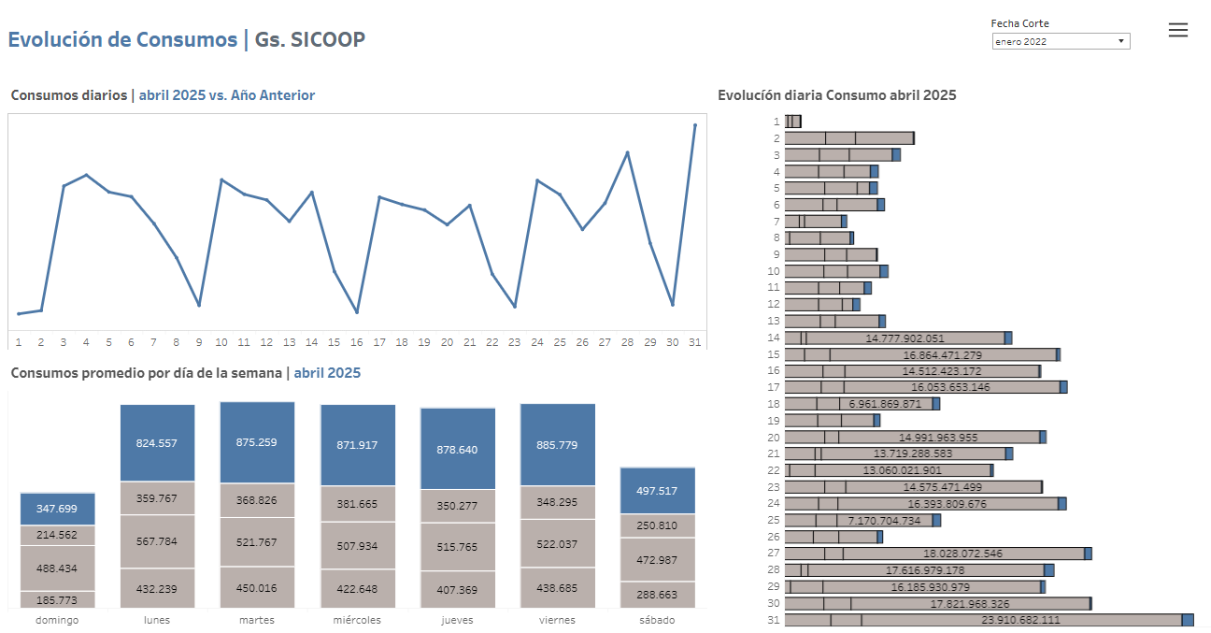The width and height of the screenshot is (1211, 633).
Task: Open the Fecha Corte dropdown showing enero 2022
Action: pyautogui.click(x=1061, y=41)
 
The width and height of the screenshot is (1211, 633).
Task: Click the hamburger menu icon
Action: pyautogui.click(x=1178, y=30)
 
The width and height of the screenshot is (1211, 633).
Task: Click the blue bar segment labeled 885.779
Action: pyautogui.click(x=557, y=445)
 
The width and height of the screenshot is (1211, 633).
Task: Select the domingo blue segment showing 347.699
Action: pyautogui.click(x=58, y=509)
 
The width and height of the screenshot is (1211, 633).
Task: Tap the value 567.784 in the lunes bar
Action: pyautogui.click(x=157, y=541)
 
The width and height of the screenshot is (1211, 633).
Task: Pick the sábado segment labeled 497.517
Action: pyautogui.click(x=657, y=491)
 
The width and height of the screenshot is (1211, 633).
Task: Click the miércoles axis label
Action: pyautogui.click(x=357, y=620)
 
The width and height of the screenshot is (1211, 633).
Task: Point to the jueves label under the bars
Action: pyautogui.click(x=457, y=620)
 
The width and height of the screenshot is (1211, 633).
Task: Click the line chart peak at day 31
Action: pyautogui.click(x=694, y=124)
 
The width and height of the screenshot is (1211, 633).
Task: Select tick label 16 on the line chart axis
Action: pyautogui.click(x=357, y=342)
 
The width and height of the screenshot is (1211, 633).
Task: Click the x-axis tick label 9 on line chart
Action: pyautogui.click(x=199, y=342)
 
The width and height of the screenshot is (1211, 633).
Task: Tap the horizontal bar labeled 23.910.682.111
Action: pyautogui.click(x=982, y=620)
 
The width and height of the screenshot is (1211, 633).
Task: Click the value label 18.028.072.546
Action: pyautogui.click(x=962, y=554)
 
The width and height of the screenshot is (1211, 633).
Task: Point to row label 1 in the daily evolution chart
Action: pyautogui.click(x=776, y=122)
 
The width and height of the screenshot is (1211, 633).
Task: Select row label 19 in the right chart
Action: pyautogui.click(x=774, y=421)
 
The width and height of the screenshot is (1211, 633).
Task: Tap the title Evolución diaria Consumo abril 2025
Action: pyautogui.click(x=836, y=95)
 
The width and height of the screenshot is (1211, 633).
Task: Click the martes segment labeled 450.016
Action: pyautogui.click(x=257, y=588)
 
